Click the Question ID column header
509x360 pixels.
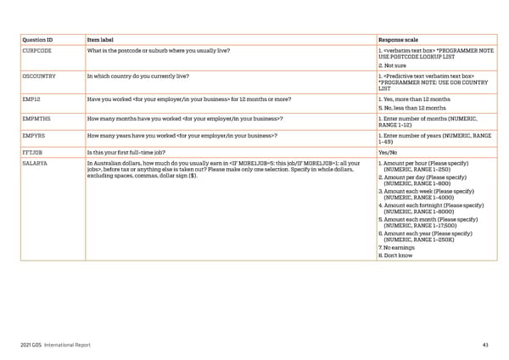39,39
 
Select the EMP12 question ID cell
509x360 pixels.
31,99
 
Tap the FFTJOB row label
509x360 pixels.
33,151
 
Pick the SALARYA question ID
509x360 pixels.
35,161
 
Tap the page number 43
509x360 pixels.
484,344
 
